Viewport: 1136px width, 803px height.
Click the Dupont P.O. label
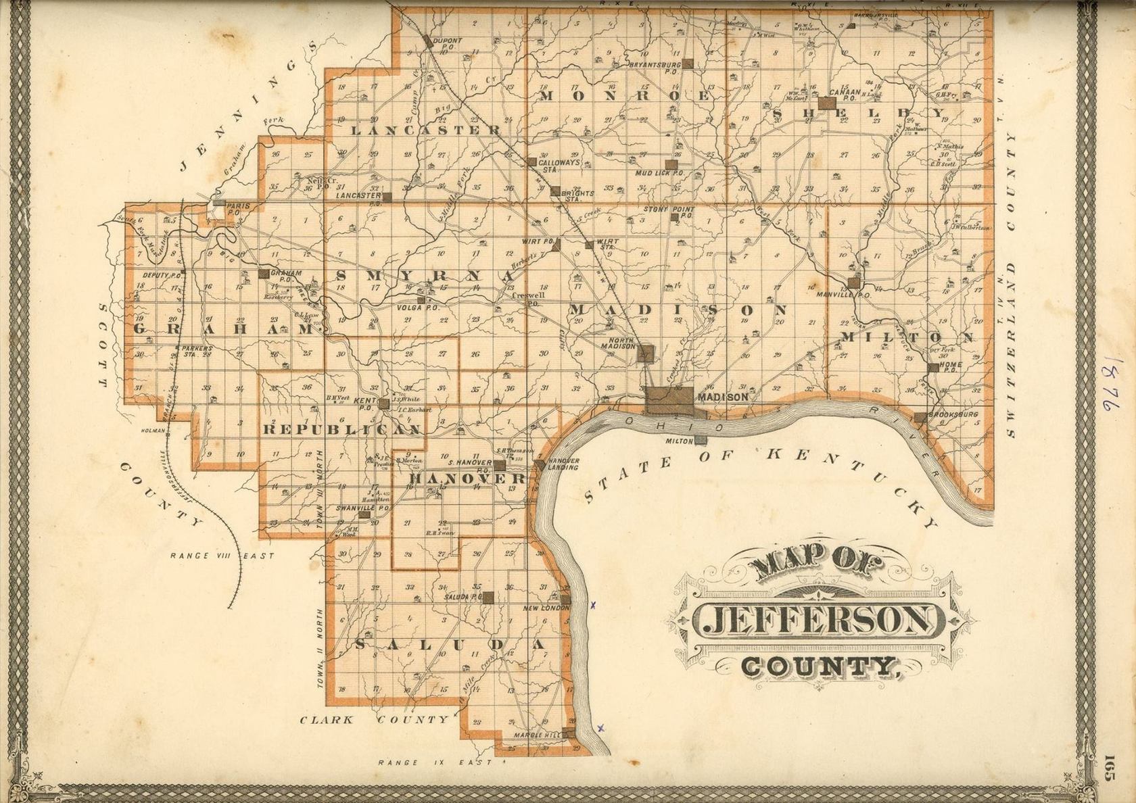point(448,43)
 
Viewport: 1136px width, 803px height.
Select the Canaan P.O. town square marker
point(827,103)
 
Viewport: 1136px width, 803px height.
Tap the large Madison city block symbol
point(669,399)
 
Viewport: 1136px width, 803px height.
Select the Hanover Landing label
point(563,464)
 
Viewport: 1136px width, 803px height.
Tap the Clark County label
point(374,720)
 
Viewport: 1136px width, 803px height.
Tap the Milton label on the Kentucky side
point(681,441)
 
